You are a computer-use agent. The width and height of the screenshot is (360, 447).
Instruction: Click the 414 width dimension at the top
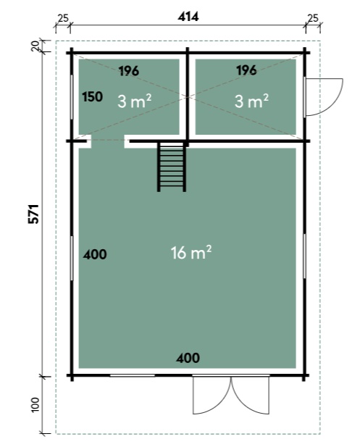coord(188,17)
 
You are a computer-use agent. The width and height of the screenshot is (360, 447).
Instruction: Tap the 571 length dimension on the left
coord(33,214)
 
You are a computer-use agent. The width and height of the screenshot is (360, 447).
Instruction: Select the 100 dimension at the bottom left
coord(35,404)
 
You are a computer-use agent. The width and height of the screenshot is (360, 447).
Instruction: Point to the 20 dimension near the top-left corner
coord(35,46)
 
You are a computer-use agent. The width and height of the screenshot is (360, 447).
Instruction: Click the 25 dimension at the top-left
coord(63,18)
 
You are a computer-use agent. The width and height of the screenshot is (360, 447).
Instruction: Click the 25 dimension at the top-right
coord(313,18)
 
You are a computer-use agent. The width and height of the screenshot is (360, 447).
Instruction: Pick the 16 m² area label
coord(191,252)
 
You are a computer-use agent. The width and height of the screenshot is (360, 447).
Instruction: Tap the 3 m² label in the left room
coord(134,101)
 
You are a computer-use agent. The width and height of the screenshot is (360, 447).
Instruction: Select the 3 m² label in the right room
coord(251,101)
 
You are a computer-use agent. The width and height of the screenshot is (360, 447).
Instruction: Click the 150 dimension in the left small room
coord(92,97)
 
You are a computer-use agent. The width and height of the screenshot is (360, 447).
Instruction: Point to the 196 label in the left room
coord(129,71)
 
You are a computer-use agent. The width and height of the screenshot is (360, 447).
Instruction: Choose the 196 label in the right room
coord(246,70)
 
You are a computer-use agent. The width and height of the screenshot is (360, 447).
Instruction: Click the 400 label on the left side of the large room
coord(95,254)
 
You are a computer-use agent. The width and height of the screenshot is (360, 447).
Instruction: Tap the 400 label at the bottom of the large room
coord(188,358)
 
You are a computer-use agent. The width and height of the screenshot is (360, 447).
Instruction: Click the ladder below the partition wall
coord(172,167)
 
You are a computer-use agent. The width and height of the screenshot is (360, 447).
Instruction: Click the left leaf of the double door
coord(212,395)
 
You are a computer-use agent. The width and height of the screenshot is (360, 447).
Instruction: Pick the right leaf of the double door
coord(250,395)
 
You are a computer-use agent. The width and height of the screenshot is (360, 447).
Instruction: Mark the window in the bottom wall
coord(133,375)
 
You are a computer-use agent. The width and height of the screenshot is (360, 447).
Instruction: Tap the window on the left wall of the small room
coord(72,97)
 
